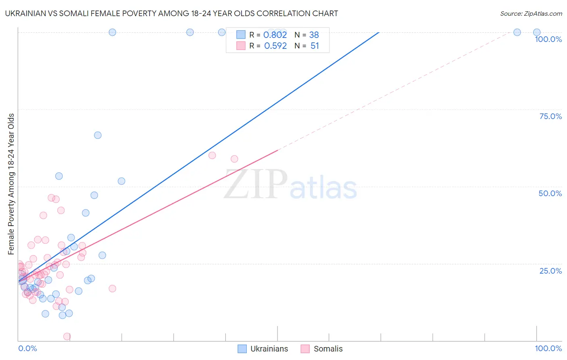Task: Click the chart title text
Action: coord(171,13)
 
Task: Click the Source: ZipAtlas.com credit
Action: coord(531,13)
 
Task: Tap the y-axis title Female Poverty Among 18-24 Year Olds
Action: coord(11,184)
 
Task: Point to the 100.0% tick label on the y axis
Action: coord(548,39)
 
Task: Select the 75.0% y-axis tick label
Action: coord(550,116)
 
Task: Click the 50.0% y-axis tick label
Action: coord(550,193)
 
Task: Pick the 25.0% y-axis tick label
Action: coord(550,271)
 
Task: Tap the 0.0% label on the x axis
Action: coord(27,348)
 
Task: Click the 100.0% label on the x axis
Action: coord(548,348)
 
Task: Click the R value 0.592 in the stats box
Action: coord(275,46)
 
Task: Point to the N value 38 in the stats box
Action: coord(314,35)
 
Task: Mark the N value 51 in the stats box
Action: coord(315,46)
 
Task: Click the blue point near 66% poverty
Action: coord(98,135)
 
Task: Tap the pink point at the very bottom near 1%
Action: coord(67,336)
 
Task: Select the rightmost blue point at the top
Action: coord(537,32)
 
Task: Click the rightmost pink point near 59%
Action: coord(234,159)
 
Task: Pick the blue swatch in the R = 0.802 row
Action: coord(241,35)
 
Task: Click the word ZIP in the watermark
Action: coord(255,185)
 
